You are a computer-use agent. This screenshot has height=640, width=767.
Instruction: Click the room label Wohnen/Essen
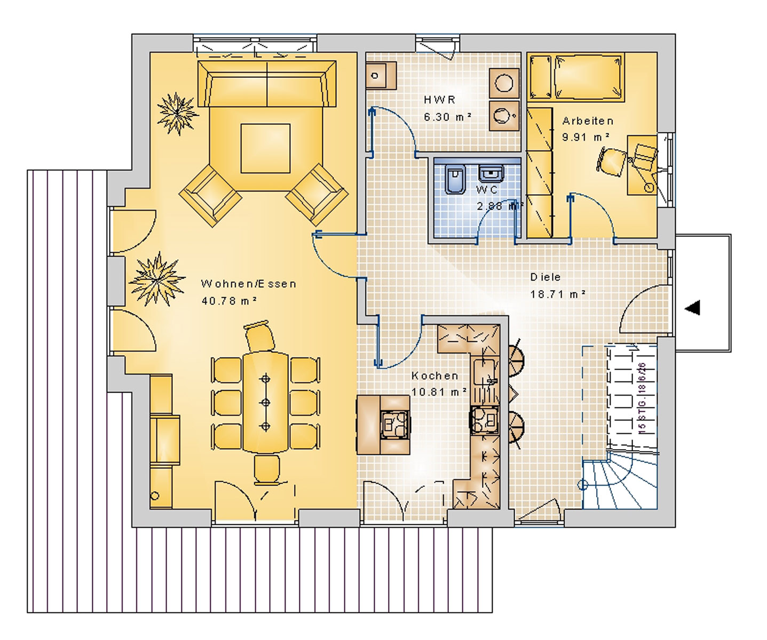pos(248,284)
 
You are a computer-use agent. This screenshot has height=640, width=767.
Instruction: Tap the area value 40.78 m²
pos(229,301)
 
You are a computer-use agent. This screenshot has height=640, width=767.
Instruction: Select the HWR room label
pos(439,100)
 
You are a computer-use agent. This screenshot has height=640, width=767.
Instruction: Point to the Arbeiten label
pos(588,121)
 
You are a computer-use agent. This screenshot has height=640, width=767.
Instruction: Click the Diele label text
pos(545,277)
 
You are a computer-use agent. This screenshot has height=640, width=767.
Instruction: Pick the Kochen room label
pos(434,375)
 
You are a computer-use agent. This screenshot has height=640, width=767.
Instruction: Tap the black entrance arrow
pos(692,308)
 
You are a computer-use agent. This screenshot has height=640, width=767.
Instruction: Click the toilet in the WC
pos(455,179)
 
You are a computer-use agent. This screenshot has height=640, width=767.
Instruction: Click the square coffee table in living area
pos(265,148)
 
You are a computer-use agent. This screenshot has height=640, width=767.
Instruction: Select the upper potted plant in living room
pos(177,114)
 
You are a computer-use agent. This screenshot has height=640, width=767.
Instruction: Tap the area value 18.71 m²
pos(558,294)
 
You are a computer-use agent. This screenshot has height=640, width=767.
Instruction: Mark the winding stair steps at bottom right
pos(619,483)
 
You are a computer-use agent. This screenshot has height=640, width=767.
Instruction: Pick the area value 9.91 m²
pos(586,137)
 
